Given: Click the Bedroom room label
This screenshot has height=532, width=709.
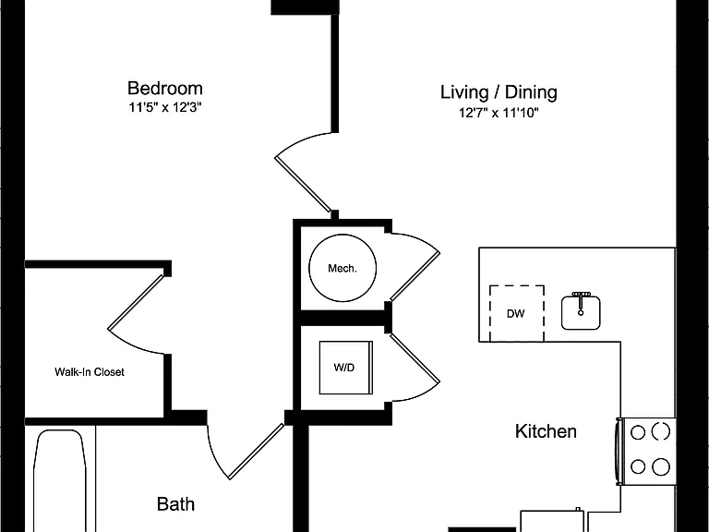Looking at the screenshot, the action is (165, 89).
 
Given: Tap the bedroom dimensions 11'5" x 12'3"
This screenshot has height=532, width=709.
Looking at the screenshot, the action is (165, 108).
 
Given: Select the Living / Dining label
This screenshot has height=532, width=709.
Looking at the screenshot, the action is (499, 91).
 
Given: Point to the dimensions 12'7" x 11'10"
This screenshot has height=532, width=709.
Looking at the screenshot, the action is (499, 112).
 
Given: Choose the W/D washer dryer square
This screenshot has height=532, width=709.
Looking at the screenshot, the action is (346, 368).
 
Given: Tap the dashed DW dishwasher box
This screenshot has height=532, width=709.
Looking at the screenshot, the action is (517, 313).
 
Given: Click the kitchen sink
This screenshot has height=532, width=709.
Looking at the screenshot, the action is (581, 312).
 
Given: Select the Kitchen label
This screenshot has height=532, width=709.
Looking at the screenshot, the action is (546, 431).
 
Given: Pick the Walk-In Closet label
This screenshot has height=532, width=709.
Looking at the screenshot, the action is (90, 372).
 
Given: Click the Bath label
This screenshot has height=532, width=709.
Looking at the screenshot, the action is (176, 504).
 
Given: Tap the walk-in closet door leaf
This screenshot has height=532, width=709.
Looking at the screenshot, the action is (135, 302).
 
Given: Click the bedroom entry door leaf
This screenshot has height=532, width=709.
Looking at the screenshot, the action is (303, 184).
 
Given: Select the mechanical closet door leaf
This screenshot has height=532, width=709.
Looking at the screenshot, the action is (415, 276).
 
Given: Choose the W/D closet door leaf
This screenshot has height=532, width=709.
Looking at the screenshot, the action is (415, 358).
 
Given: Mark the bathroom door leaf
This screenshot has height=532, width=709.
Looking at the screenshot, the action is (257, 452).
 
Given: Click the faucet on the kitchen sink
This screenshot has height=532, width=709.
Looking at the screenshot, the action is (581, 302).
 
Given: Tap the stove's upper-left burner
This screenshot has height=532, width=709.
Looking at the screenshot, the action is (638, 432).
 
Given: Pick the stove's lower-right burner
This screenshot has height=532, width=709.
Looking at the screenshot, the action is (661, 466).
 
